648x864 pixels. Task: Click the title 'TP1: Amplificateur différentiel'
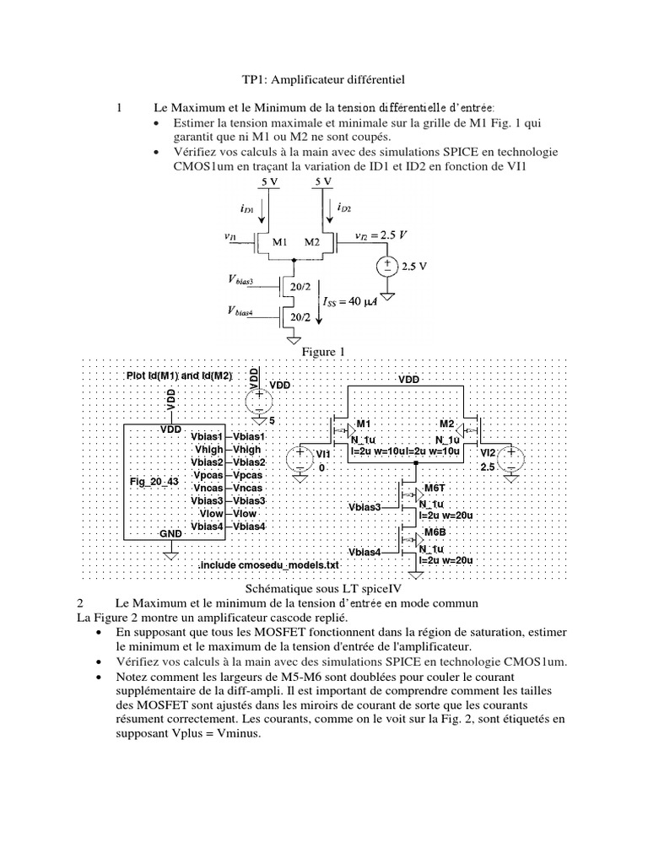click(x=323, y=80)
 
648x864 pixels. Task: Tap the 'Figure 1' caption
click(x=324, y=349)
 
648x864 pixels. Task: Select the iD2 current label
click(x=346, y=208)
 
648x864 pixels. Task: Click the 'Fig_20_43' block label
click(x=154, y=481)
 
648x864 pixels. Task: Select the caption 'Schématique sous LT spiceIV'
click(x=324, y=588)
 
